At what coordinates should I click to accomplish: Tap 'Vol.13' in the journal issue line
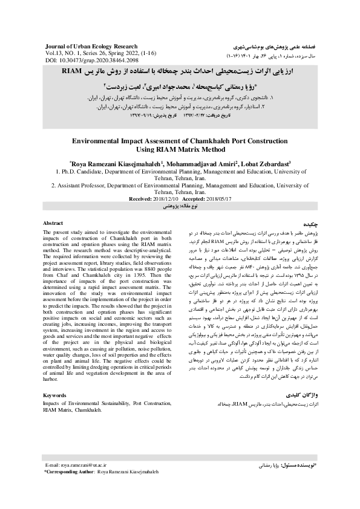[x=54, y=54]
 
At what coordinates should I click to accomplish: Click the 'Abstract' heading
[x=53, y=223]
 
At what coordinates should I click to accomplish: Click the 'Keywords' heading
[x=55, y=394]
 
